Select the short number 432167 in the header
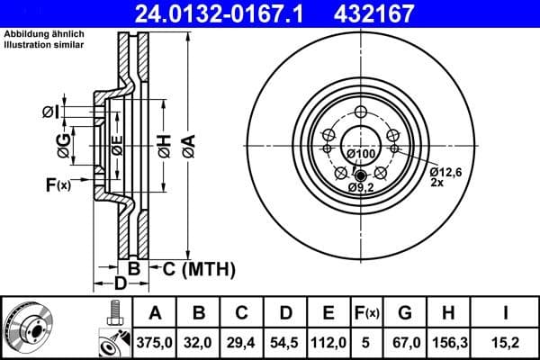point(388,13)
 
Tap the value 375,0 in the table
point(154,342)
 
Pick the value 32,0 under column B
point(200,342)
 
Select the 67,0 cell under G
point(404,342)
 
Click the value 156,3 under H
point(449,342)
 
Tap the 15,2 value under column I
point(506,342)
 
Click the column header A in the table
point(154,313)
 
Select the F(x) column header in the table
point(369,313)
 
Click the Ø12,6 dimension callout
point(445,171)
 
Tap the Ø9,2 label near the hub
point(360,186)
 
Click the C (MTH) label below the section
point(198,267)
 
